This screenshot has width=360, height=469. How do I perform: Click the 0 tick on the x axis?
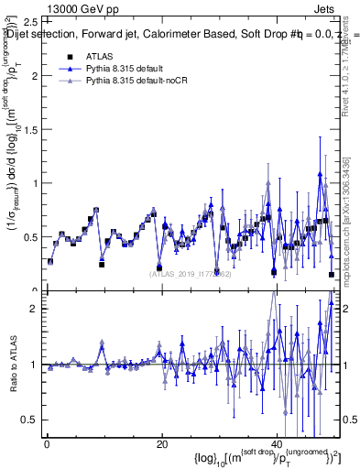[x=47, y=443]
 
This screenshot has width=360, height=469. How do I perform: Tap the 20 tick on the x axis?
[x=161, y=443]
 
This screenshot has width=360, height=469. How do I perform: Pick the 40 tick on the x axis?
[x=277, y=443]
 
